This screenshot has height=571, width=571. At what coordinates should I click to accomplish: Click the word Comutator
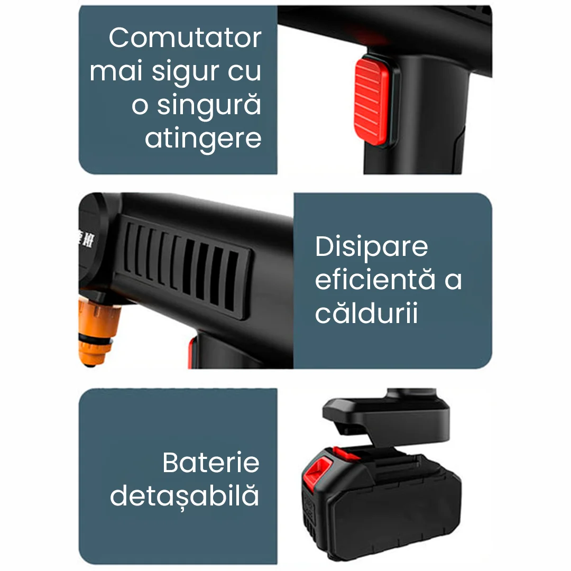[185, 38]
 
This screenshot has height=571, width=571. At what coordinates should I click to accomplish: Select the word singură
[209, 105]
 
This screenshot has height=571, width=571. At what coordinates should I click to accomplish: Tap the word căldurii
[366, 312]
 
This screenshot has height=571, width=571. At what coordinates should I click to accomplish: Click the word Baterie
[211, 463]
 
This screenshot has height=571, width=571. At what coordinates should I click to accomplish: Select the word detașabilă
[185, 495]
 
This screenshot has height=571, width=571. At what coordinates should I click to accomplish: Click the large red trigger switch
[372, 101]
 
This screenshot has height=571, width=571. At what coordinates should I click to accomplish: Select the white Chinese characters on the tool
[86, 239]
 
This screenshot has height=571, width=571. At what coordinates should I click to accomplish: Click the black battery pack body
[382, 506]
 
